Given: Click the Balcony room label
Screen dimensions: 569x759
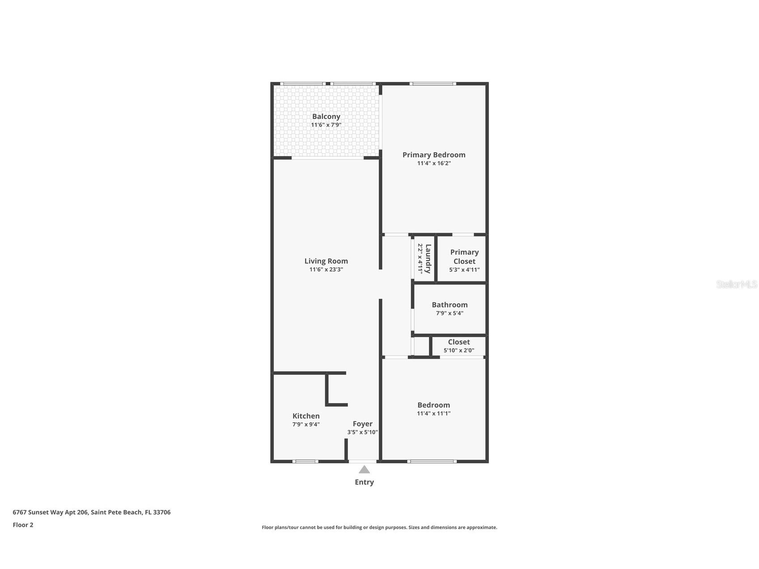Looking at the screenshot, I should pos(326,116).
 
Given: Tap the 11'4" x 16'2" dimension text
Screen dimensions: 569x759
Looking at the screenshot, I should pos(434,163).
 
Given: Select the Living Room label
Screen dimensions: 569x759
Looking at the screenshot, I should pos(326,261).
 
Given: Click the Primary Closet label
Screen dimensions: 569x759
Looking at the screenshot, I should pos(464,257).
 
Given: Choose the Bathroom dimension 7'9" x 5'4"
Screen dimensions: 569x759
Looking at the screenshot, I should pos(449,313).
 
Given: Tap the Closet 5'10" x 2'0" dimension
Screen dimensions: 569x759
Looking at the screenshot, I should pos(459,350).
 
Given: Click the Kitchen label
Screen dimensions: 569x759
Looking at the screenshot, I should pos(306,416).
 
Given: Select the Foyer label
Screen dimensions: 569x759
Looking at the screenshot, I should pos(362,424).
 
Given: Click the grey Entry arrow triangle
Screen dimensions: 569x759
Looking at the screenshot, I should pos(364,470).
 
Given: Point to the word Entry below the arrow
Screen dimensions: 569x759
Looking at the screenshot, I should pos(364,482).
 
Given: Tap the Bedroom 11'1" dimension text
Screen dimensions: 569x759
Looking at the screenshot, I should pos(434,413).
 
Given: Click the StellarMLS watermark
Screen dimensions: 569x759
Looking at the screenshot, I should pos(736,284).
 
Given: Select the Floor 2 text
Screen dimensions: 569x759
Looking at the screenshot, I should pos(23,525).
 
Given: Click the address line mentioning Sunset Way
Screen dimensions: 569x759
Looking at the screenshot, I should pos(91,512).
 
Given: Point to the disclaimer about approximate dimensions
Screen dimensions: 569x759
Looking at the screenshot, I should pos(379,527).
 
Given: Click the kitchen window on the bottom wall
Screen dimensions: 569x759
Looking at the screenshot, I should pos(305,461).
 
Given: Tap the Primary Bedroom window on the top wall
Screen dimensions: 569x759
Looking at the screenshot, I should pos(433,84).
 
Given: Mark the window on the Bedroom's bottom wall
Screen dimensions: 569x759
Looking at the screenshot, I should pos(432,461).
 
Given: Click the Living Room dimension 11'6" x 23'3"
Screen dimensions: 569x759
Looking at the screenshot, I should pos(326,269).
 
